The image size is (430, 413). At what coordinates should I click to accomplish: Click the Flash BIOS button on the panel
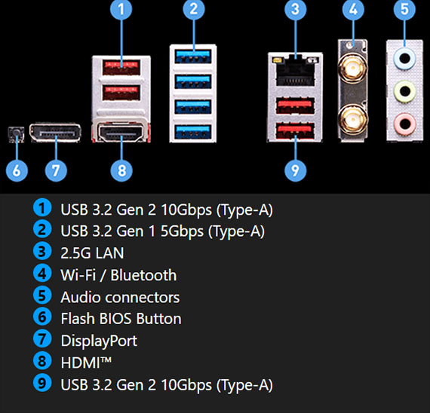16,134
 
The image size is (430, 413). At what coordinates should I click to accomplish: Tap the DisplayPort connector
55,133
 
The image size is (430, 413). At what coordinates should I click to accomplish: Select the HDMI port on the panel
121,133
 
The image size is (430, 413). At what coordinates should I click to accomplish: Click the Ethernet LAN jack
295,72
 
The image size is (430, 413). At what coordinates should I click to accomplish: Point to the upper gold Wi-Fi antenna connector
352,69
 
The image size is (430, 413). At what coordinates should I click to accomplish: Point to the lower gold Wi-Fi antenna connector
352,118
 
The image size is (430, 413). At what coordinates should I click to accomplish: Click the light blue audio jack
405,58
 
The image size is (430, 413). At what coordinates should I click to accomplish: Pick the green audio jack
405,91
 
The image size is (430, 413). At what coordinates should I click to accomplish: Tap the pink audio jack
405,124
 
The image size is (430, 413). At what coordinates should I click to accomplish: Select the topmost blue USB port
193,57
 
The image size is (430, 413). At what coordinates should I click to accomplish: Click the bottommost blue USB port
193,132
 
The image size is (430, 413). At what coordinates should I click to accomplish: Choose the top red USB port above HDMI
121,67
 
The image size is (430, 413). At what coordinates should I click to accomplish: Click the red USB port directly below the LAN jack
295,106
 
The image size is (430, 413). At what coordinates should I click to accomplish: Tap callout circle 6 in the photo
17,170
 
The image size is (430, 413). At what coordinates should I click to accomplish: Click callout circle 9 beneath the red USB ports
296,170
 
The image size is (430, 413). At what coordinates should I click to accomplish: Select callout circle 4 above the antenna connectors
353,10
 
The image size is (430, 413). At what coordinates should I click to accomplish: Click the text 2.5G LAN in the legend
92,252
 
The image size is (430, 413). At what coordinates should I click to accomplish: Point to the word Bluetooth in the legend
143,274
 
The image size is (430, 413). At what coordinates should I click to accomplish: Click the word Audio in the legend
81,297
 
